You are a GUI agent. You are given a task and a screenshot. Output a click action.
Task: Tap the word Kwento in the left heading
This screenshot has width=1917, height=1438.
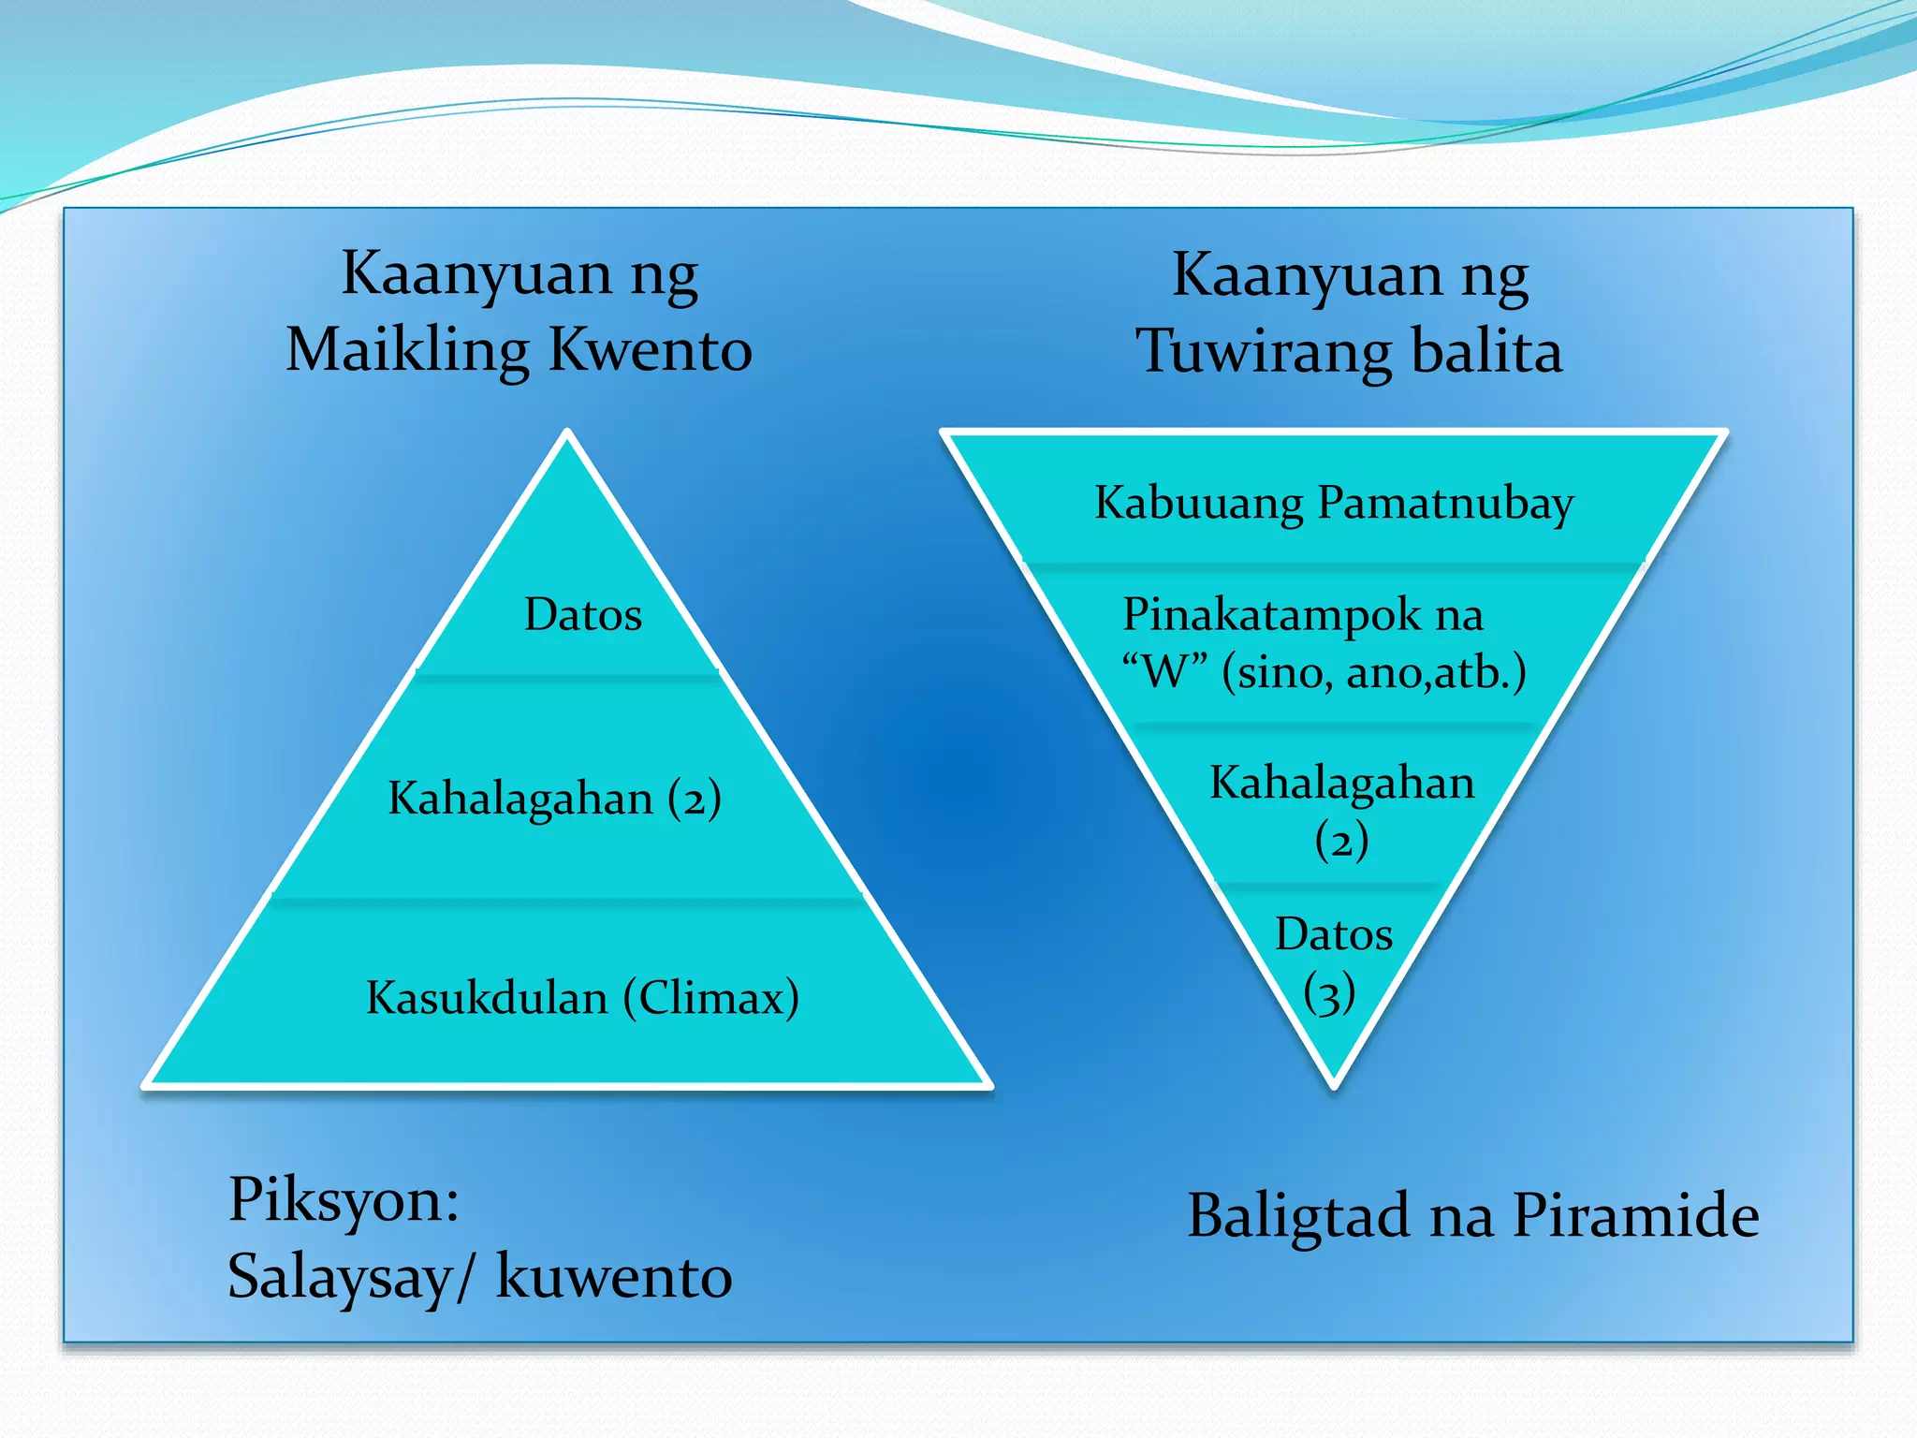651,351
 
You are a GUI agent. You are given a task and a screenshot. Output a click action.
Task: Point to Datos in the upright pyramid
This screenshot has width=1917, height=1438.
583,615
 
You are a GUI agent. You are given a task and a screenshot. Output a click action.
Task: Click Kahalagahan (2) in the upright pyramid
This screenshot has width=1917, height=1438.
554,799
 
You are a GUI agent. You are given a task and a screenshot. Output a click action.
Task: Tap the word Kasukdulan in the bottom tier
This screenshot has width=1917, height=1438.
487,997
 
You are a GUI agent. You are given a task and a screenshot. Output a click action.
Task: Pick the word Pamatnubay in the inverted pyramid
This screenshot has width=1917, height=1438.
1446,503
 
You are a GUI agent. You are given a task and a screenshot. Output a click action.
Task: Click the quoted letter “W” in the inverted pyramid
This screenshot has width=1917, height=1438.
1163,672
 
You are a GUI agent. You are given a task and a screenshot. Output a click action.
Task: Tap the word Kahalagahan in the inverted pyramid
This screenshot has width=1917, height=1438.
1341,783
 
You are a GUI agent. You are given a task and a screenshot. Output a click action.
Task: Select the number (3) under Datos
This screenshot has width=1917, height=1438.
1329,992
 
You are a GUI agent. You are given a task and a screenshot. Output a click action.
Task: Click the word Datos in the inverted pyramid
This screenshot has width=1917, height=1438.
1334,934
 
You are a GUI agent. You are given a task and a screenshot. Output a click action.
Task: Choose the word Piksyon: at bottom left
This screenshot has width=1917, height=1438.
344,1199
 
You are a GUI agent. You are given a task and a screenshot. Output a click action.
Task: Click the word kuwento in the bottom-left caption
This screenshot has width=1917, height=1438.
613,1276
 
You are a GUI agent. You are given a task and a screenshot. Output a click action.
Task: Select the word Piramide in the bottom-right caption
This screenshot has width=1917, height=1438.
1635,1216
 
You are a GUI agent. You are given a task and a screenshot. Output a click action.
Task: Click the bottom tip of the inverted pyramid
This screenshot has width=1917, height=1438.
1334,1084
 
